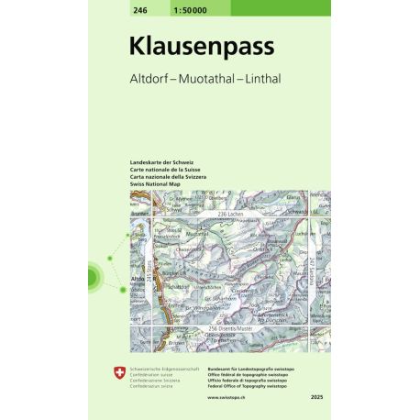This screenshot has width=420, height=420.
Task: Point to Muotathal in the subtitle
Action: pos(207,78)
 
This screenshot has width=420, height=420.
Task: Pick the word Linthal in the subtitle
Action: pos(265,78)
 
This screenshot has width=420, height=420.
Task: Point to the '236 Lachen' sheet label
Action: pos(229,213)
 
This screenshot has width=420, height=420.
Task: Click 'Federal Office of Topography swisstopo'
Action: pos(248,386)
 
